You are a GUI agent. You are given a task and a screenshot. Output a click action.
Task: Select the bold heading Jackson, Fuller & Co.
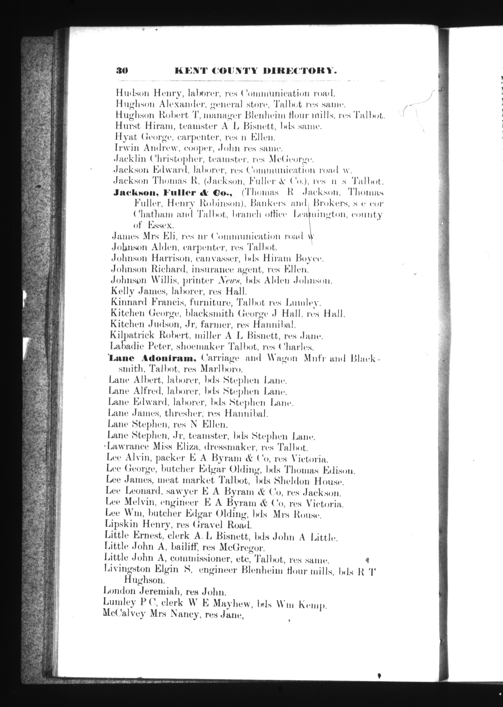pyautogui.click(x=173, y=193)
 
